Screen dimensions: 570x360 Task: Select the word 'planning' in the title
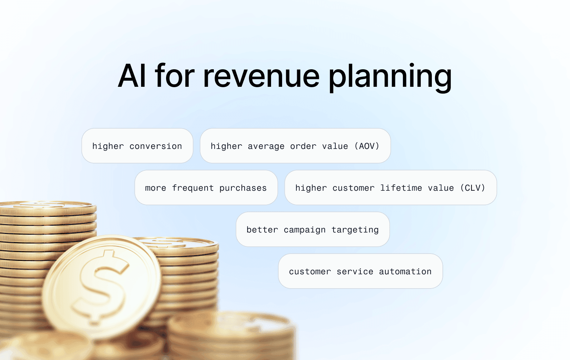390,77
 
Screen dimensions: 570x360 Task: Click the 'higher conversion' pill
137,146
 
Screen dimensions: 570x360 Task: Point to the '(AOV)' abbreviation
367,146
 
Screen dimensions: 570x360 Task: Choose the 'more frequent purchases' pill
206,187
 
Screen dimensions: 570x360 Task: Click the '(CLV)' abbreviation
472,188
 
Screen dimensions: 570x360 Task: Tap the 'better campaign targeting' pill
313,229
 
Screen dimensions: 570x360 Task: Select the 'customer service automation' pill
360,271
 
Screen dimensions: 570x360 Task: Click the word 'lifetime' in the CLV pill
401,188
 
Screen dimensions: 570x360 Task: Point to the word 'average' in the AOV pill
266,146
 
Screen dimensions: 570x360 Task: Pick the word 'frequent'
193,188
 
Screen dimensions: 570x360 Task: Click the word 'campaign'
305,230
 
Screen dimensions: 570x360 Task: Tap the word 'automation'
405,271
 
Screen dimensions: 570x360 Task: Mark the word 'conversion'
156,146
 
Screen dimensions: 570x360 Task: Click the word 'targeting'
355,230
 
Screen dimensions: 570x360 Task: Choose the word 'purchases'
243,188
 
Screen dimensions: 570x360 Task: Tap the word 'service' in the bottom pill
355,271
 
